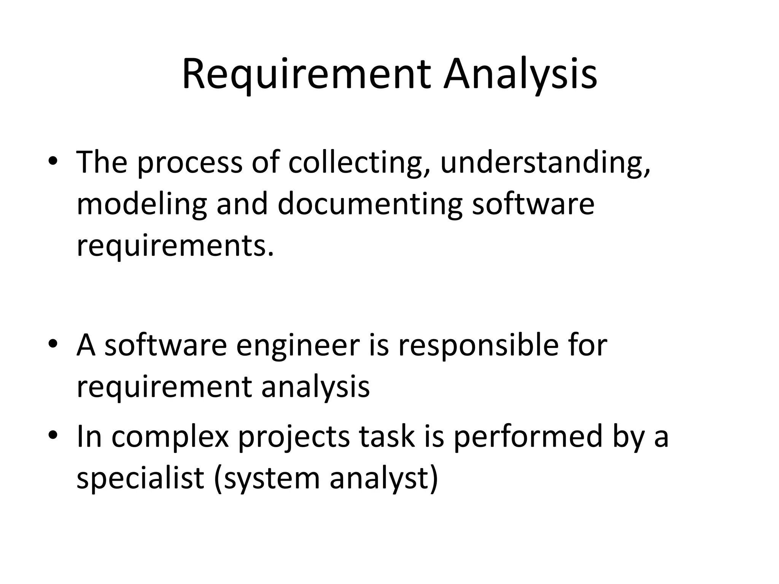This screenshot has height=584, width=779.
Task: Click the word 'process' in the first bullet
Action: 189,163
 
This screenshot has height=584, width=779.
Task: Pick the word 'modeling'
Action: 142,205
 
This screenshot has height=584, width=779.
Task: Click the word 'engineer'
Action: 297,346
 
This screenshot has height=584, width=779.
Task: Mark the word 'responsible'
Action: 479,346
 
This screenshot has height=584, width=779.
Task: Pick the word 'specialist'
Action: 140,478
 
